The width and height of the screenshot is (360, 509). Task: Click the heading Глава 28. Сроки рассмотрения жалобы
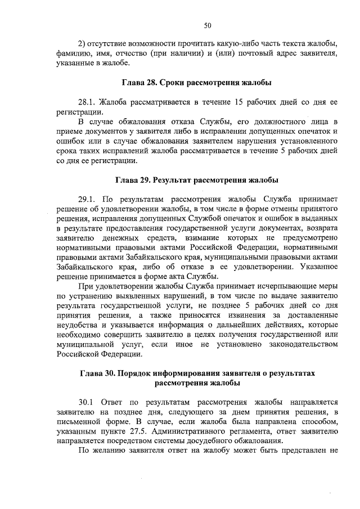[x=197, y=83]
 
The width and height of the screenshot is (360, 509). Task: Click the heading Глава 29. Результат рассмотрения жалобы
[x=197, y=181]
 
